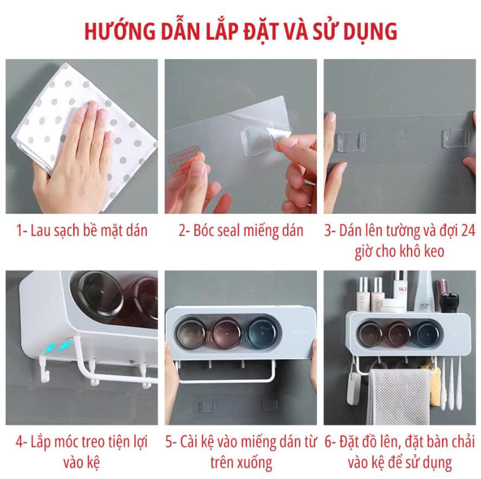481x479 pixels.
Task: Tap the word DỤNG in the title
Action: pyautogui.click(x=370, y=31)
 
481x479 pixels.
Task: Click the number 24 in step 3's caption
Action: pyautogui.click(x=468, y=231)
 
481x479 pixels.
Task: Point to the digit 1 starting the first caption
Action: pyautogui.click(x=19, y=231)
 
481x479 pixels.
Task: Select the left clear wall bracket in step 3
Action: pyautogui.click(x=351, y=142)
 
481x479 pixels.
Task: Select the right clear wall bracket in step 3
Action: pyautogui.click(x=455, y=138)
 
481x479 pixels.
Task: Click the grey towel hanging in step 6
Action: pyautogui.click(x=398, y=397)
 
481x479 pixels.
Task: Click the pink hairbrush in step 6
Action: pyautogui.click(x=443, y=287)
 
